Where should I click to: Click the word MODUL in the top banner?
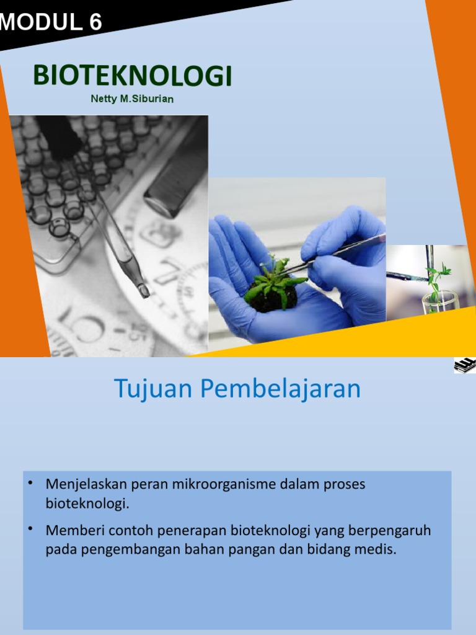[x=38, y=23]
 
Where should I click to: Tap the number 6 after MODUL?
[x=95, y=23]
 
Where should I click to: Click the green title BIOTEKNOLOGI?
[x=132, y=76]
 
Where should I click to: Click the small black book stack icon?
[x=465, y=365]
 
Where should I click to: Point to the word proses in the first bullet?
[x=345, y=485]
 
